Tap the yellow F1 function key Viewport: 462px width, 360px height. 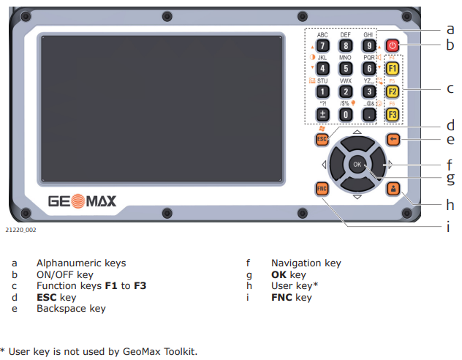(x=392, y=69)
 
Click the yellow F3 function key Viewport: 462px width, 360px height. (x=392, y=114)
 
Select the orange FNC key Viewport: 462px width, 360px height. (x=322, y=189)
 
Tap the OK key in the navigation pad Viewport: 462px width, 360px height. (x=357, y=165)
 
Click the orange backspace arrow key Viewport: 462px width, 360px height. (x=393, y=139)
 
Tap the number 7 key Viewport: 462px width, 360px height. (x=322, y=45)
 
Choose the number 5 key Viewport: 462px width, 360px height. (x=346, y=69)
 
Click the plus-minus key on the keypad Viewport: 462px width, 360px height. (x=322, y=114)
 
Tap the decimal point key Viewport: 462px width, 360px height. (x=369, y=114)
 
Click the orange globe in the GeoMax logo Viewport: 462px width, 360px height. (x=78, y=201)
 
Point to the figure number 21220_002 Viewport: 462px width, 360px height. (x=20, y=230)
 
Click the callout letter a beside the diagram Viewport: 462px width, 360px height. (x=450, y=29)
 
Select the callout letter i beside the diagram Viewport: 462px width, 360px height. (x=448, y=227)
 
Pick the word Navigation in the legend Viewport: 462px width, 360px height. (x=296, y=263)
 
